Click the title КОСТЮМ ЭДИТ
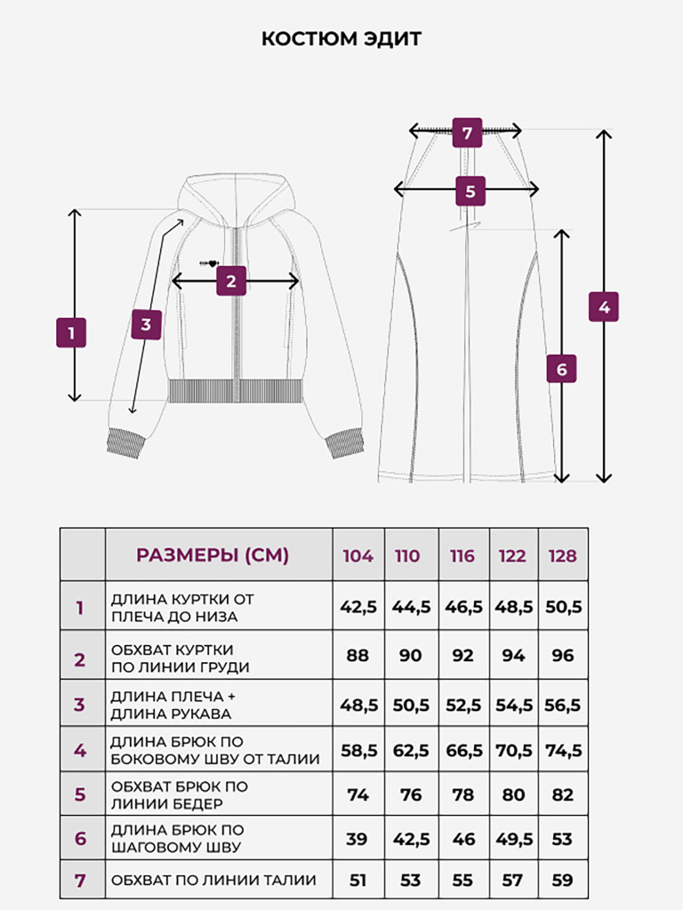pyautogui.click(x=341, y=38)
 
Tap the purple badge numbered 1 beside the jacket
pyautogui.click(x=71, y=332)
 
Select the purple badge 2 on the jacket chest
pyautogui.click(x=231, y=281)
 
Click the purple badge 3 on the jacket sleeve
pyautogui.click(x=146, y=324)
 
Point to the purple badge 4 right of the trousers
pyautogui.click(x=604, y=307)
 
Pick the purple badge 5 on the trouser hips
pyautogui.click(x=470, y=191)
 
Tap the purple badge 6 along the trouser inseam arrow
pyautogui.click(x=562, y=369)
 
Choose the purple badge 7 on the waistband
pyautogui.click(x=468, y=132)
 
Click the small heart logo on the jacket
pyautogui.click(x=210, y=263)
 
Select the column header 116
pyautogui.click(x=462, y=556)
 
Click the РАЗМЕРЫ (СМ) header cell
pyautogui.click(x=213, y=555)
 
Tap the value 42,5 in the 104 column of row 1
pyautogui.click(x=358, y=606)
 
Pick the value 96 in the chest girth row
pyautogui.click(x=563, y=655)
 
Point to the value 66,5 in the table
pyautogui.click(x=464, y=750)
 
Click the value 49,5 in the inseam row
pyautogui.click(x=514, y=839)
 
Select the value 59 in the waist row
pyautogui.click(x=562, y=881)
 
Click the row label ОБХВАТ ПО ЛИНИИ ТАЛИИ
pyautogui.click(x=213, y=880)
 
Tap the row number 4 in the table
pyautogui.click(x=80, y=750)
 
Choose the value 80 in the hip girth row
pyautogui.click(x=513, y=794)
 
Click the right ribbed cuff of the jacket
pyautogui.click(x=345, y=444)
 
